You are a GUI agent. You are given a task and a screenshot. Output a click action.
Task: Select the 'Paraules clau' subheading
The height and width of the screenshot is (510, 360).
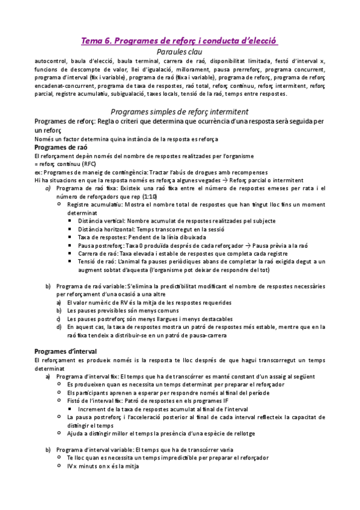pyautogui.click(x=180, y=53)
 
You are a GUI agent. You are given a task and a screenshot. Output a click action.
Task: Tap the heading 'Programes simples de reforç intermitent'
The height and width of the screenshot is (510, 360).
pyautogui.click(x=180, y=112)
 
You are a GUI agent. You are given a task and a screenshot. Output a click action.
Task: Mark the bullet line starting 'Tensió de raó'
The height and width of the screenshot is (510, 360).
pyautogui.click(x=198, y=262)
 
